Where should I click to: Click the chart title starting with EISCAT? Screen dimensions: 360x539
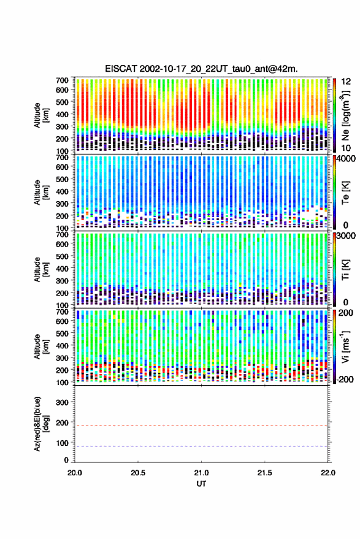tap(201, 69)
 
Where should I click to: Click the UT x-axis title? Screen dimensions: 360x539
tap(201, 484)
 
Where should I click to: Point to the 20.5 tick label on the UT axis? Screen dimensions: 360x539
tap(138, 473)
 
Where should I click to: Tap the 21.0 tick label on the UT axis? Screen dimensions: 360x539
tap(201, 473)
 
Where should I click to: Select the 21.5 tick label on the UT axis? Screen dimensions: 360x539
tap(264, 473)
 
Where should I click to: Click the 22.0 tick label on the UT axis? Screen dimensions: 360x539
tap(327, 473)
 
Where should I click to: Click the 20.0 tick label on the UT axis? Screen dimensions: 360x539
tap(75, 473)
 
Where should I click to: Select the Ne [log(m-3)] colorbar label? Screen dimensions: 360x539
tap(345, 115)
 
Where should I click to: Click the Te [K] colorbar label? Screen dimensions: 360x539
tap(345, 193)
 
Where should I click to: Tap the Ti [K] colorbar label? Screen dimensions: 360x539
tap(345, 270)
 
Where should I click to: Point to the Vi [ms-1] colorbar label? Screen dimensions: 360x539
tap(345, 346)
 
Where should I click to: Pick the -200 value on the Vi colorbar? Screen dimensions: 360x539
tap(345, 379)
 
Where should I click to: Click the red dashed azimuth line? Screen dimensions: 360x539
tap(201, 426)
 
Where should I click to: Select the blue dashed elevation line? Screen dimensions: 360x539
tap(201, 446)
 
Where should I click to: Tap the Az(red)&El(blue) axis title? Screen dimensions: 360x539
tap(41, 424)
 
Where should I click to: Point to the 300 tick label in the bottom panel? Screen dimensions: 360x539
tap(62, 402)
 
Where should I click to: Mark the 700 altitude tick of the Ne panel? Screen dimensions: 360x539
tap(62, 80)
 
